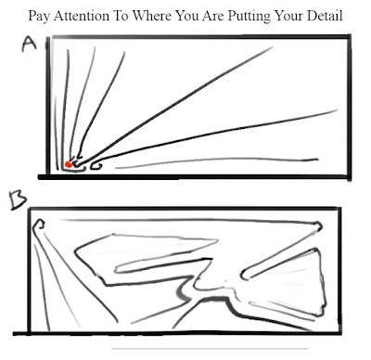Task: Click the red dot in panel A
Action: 69,164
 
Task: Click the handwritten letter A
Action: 29,44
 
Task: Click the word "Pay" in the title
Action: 39,16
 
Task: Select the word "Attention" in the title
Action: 82,16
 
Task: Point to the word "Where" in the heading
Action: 151,16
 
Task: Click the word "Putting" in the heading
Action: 249,16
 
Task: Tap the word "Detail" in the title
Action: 325,16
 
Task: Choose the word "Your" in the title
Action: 288,16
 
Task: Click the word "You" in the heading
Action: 186,16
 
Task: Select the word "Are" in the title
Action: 213,16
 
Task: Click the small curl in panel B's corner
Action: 38,224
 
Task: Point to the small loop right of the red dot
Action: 96,166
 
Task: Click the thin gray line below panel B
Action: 210,349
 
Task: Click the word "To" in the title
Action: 121,16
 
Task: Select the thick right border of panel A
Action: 350,107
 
